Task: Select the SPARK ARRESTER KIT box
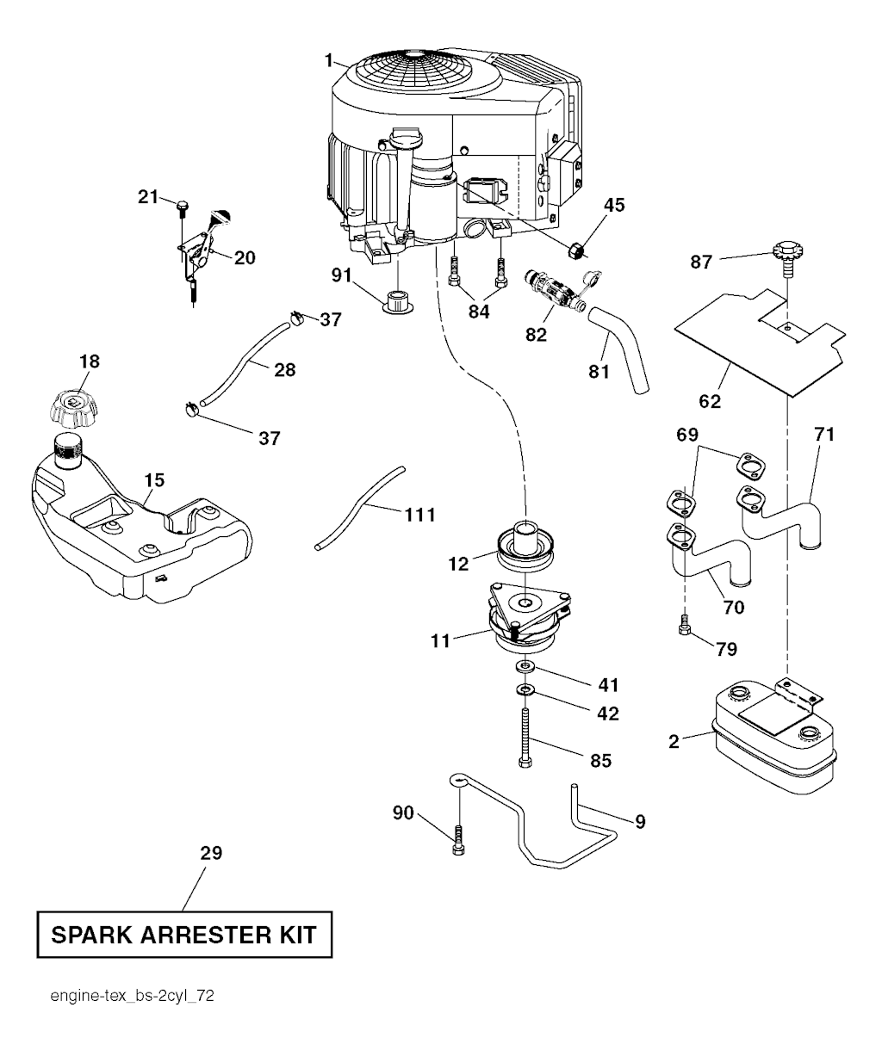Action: [183, 934]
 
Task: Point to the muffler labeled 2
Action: [773, 738]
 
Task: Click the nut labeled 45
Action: [577, 250]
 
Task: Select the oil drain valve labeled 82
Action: [551, 291]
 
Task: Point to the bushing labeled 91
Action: [398, 303]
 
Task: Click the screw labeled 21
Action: [183, 207]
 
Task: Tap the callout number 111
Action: [419, 515]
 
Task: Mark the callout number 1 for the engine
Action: [329, 59]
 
